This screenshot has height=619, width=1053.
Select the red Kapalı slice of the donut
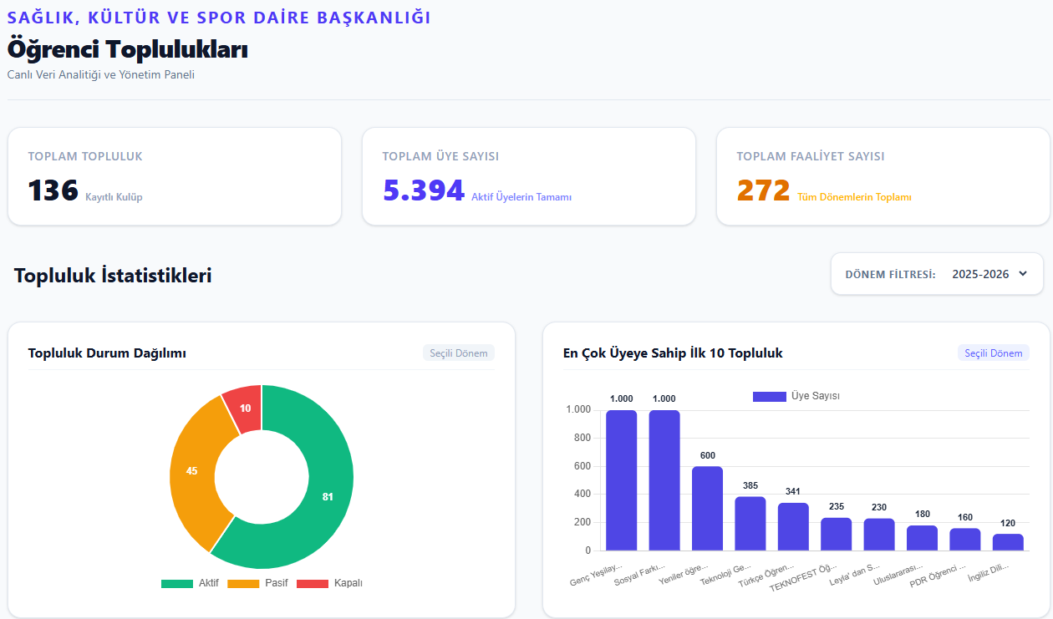click(x=244, y=408)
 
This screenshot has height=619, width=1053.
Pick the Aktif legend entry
click(x=190, y=583)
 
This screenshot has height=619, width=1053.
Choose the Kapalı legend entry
click(x=329, y=583)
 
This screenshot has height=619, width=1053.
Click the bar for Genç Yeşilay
click(x=622, y=480)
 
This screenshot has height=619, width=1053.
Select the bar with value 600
click(x=708, y=509)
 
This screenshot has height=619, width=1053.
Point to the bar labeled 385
click(x=750, y=524)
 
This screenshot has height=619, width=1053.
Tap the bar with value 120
click(x=1008, y=542)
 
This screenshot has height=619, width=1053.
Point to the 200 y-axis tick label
click(x=582, y=522)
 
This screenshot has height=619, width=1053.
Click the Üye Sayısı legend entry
click(x=796, y=396)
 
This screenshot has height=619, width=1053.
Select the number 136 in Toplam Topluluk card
click(x=53, y=190)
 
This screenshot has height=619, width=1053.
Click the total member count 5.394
click(x=424, y=190)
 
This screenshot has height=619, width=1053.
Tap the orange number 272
click(x=764, y=190)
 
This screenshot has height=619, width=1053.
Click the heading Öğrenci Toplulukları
click(x=127, y=49)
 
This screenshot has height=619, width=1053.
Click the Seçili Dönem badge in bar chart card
click(x=994, y=353)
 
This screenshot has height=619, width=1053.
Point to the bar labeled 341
click(x=793, y=527)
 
